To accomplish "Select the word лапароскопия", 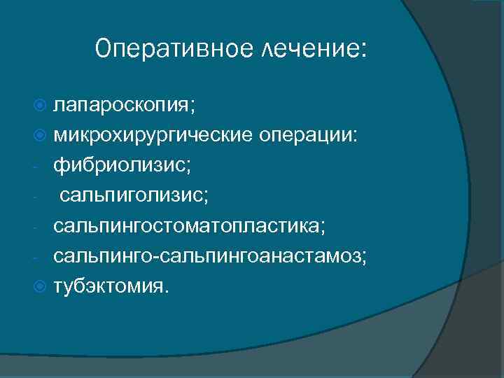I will (122, 106).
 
